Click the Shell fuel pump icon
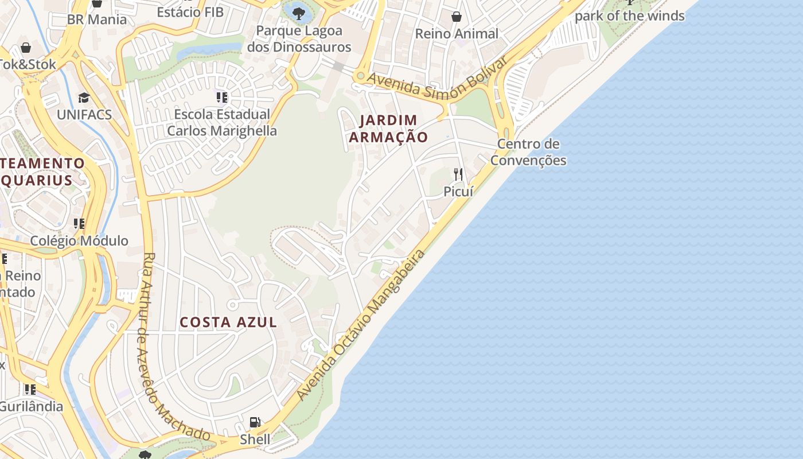[x=255, y=423]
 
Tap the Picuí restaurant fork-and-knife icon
[x=458, y=174]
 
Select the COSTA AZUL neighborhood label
[x=228, y=322]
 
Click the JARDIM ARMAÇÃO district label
[x=388, y=129]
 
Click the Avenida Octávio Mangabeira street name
[x=362, y=325]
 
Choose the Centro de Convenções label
[x=528, y=152]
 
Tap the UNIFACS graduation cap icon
[x=84, y=98]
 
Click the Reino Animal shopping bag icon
[x=457, y=17]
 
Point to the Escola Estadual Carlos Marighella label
[x=222, y=122]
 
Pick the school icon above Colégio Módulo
[x=79, y=223]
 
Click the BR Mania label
[x=97, y=20]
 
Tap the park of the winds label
[x=629, y=16]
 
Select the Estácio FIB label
[x=190, y=11]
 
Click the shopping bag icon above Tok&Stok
[x=25, y=47]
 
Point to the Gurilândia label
[x=31, y=406]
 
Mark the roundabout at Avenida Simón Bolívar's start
[x=360, y=76]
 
